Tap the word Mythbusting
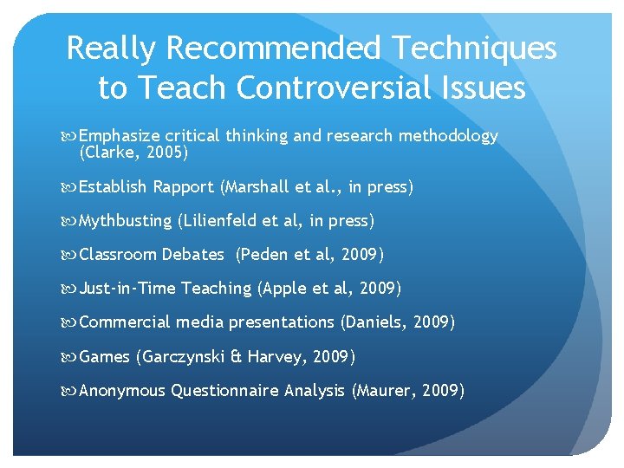tap(126, 221)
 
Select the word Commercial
tap(126, 322)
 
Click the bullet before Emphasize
tap(70, 137)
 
